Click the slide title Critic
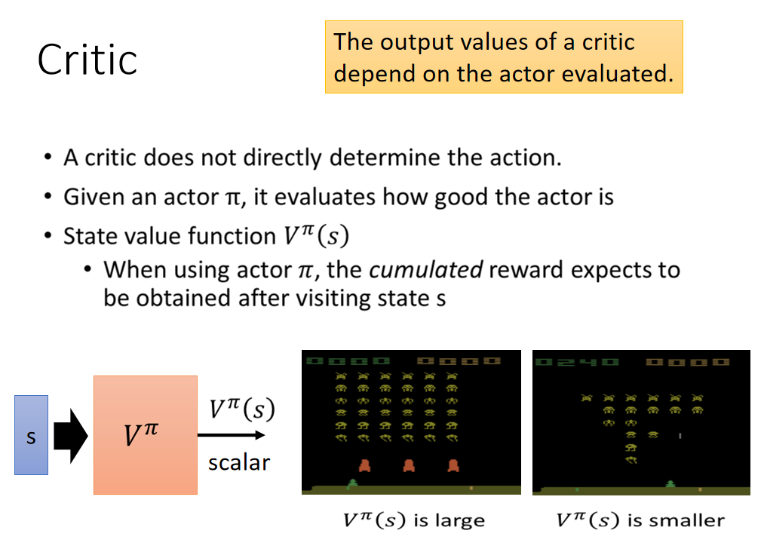coord(87,60)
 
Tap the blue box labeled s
coord(31,434)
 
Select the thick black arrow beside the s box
coord(70,436)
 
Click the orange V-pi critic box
coord(146,434)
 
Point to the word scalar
coord(239,462)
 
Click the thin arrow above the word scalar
coord(231,434)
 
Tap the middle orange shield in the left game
coord(409,465)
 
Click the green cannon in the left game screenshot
coord(352,483)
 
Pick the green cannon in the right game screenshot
coord(671,483)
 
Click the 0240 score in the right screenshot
coord(577,362)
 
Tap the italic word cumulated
coord(426,269)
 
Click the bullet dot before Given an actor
coord(48,197)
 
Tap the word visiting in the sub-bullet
coord(333,298)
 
